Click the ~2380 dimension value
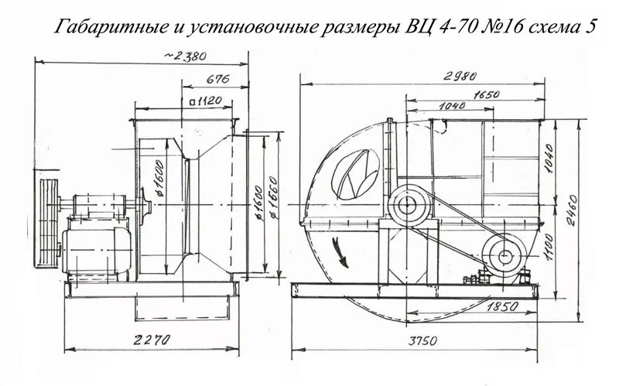(186, 56)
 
